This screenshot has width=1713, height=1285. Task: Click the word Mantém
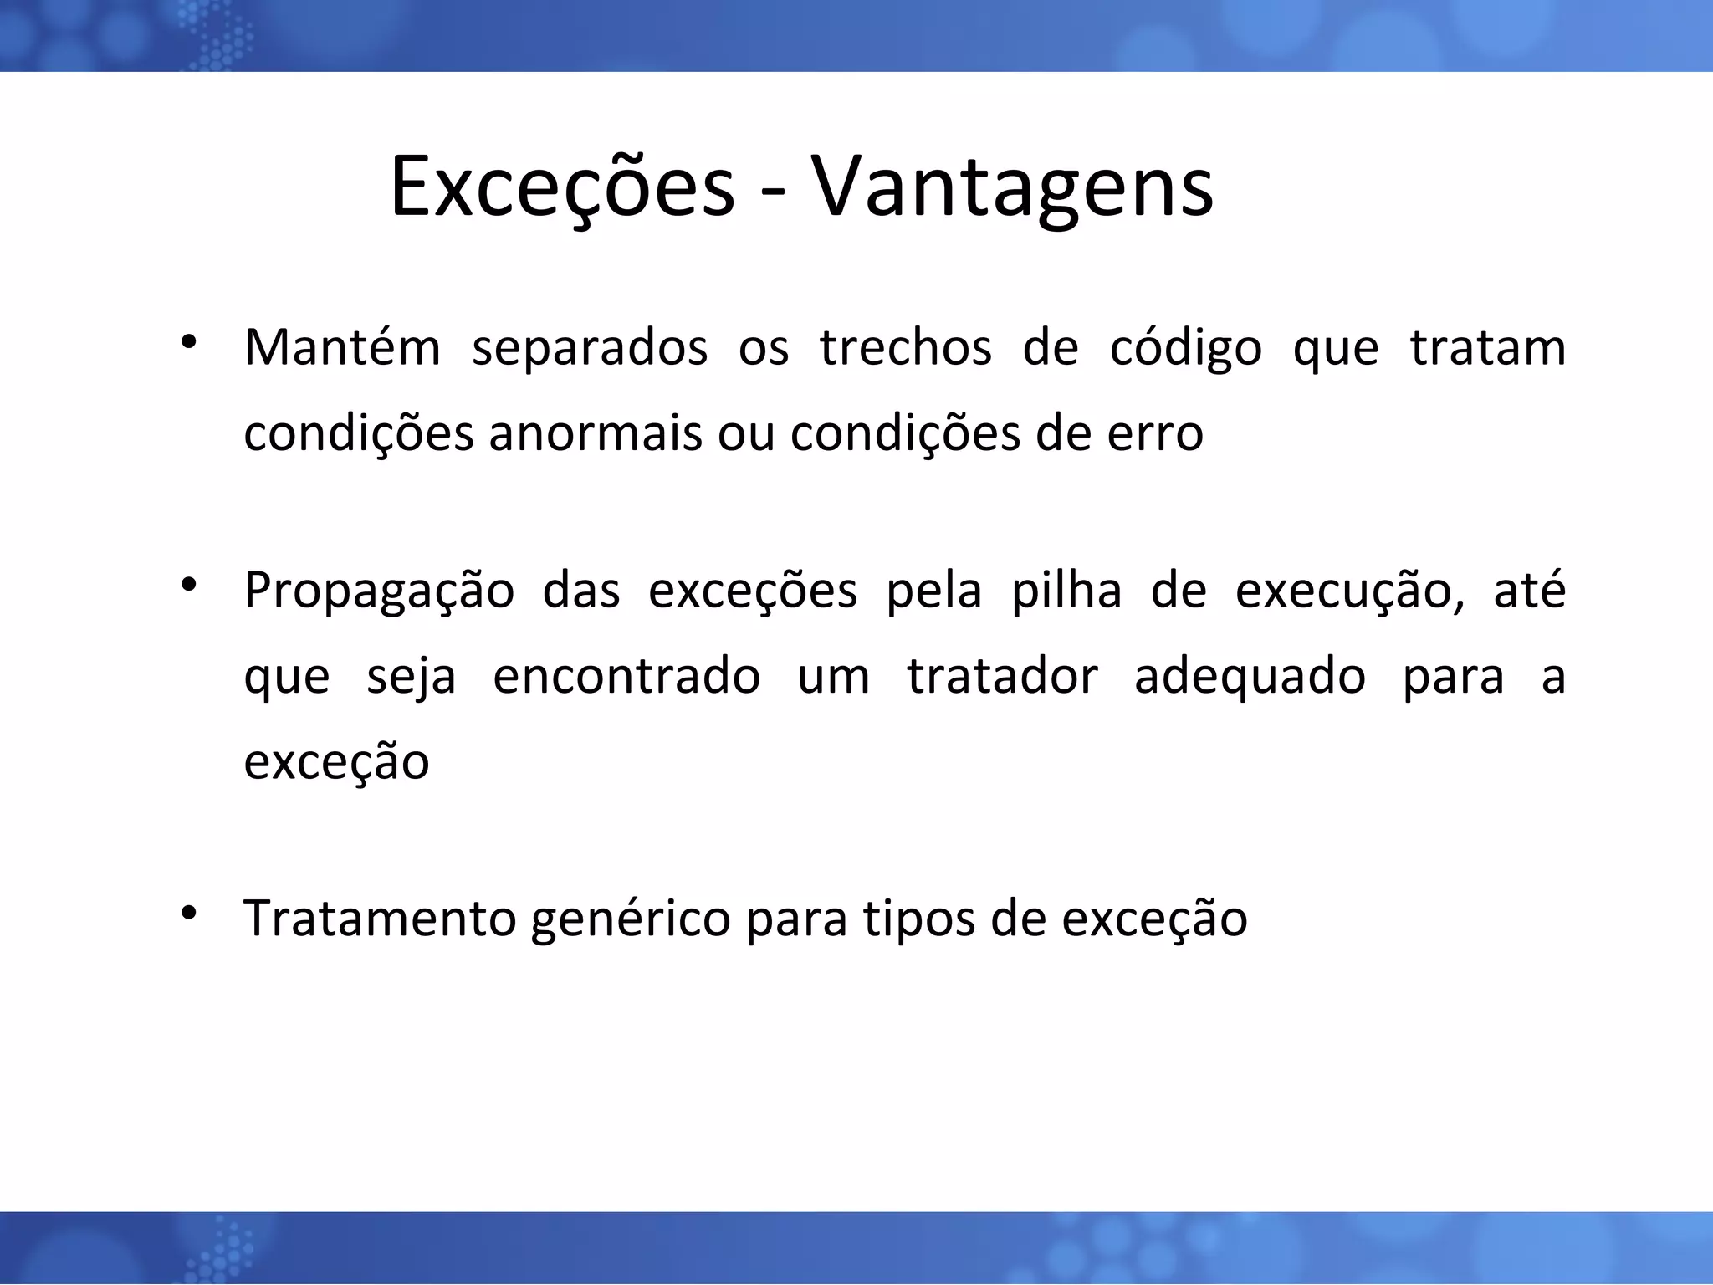(341, 348)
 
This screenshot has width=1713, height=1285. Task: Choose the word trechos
(905, 348)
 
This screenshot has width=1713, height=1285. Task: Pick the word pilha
(1066, 591)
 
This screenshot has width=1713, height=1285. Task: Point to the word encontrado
(626, 676)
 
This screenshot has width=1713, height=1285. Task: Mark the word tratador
(1002, 676)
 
